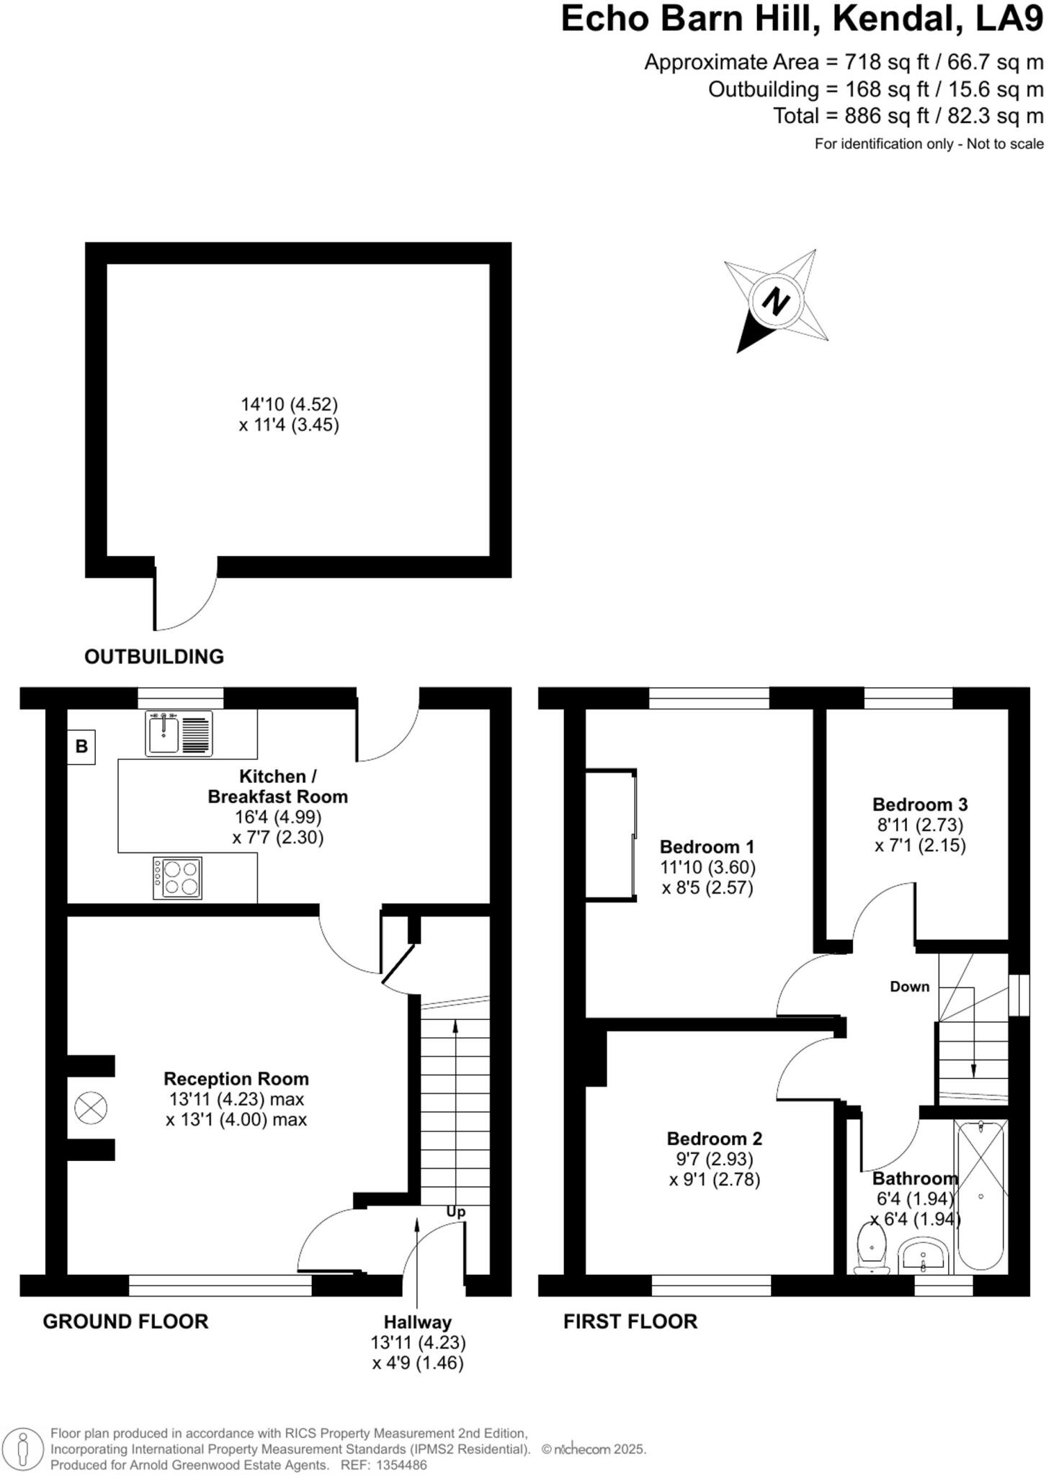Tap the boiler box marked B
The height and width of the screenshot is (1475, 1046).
tap(81, 746)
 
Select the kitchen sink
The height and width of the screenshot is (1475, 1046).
tap(179, 733)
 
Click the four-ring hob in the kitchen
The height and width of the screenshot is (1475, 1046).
tap(177, 878)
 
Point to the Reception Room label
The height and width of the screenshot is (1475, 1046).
tap(236, 1078)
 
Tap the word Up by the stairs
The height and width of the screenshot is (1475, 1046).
tap(455, 1211)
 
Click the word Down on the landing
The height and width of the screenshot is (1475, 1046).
tap(909, 987)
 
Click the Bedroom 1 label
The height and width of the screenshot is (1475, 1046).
tap(707, 846)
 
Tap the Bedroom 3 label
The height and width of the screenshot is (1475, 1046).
tap(920, 804)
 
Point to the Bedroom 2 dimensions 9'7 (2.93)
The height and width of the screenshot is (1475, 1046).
tap(710, 1159)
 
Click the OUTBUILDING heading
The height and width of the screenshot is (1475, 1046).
tap(154, 656)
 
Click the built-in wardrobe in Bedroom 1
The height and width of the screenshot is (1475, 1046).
tap(611, 834)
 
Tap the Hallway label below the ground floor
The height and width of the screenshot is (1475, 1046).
tap(417, 1322)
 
